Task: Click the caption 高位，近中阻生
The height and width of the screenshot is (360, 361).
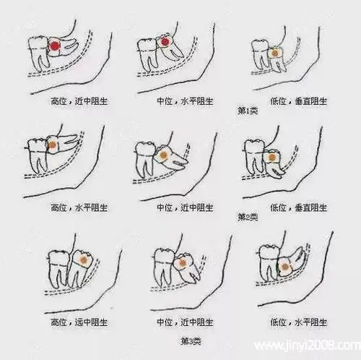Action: click(79, 100)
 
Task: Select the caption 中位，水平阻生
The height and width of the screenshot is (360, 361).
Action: click(185, 100)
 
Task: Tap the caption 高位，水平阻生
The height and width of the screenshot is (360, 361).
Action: click(79, 207)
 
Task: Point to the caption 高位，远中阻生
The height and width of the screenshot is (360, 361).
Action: click(79, 322)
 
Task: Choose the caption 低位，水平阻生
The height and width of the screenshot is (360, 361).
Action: click(298, 322)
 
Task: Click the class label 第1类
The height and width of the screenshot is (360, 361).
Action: click(248, 111)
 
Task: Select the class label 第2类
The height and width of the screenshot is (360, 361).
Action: click(248, 217)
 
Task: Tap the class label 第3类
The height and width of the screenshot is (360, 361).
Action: click(191, 341)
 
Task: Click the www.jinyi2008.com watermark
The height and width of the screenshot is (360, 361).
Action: click(308, 346)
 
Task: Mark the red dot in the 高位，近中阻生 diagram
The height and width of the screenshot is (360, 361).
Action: click(55, 46)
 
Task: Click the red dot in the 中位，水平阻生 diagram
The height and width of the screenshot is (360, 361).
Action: click(165, 42)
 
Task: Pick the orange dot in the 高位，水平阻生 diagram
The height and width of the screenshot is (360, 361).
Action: click(53, 145)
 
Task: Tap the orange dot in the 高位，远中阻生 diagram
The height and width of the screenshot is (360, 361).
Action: click(83, 260)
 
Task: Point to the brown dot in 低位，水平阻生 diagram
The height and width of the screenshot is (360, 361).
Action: click(284, 267)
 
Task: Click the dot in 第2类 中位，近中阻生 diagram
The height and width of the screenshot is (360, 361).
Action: click(164, 155)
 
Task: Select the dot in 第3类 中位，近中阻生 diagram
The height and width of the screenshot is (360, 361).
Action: click(182, 262)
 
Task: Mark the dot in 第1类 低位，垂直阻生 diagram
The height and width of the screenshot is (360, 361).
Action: click(274, 52)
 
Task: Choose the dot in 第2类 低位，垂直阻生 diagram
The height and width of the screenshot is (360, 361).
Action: click(272, 158)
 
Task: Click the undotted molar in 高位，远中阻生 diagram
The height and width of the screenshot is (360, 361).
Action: click(58, 269)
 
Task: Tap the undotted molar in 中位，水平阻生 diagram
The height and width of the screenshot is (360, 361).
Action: click(147, 54)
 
